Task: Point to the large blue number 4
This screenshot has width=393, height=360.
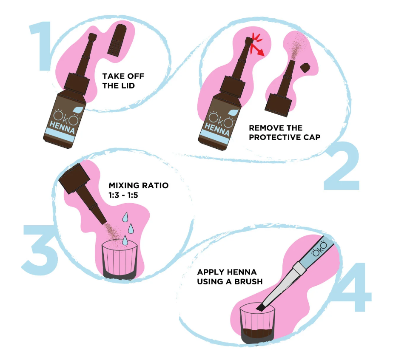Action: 356,287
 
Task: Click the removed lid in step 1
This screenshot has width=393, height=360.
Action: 117,40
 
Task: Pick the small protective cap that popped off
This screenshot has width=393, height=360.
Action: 305,68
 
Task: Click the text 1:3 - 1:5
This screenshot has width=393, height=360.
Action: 123,195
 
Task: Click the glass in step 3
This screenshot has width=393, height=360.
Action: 120,261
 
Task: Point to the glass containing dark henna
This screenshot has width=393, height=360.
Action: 257,324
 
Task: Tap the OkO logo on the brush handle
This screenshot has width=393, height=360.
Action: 319,249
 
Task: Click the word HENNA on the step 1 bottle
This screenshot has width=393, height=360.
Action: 62,127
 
